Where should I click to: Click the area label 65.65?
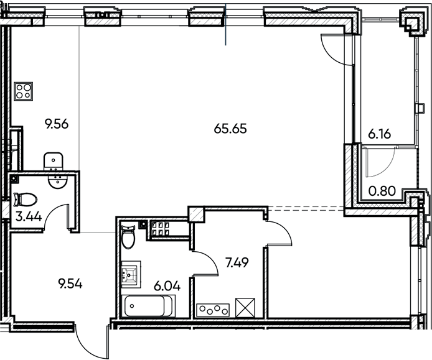(230, 129)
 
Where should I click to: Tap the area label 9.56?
(55, 123)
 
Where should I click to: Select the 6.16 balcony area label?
(378, 132)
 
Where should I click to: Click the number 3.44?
(24, 217)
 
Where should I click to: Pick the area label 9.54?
(70, 284)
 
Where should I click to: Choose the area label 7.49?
(237, 263)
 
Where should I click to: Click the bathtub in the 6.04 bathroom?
(149, 307)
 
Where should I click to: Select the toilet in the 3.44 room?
(24, 200)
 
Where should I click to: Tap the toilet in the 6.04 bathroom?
(128, 236)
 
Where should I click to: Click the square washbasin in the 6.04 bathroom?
(132, 274)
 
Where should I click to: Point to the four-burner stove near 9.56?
(24, 93)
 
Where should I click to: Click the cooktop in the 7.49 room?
(212, 308)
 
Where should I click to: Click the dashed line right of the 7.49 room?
(306, 208)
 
